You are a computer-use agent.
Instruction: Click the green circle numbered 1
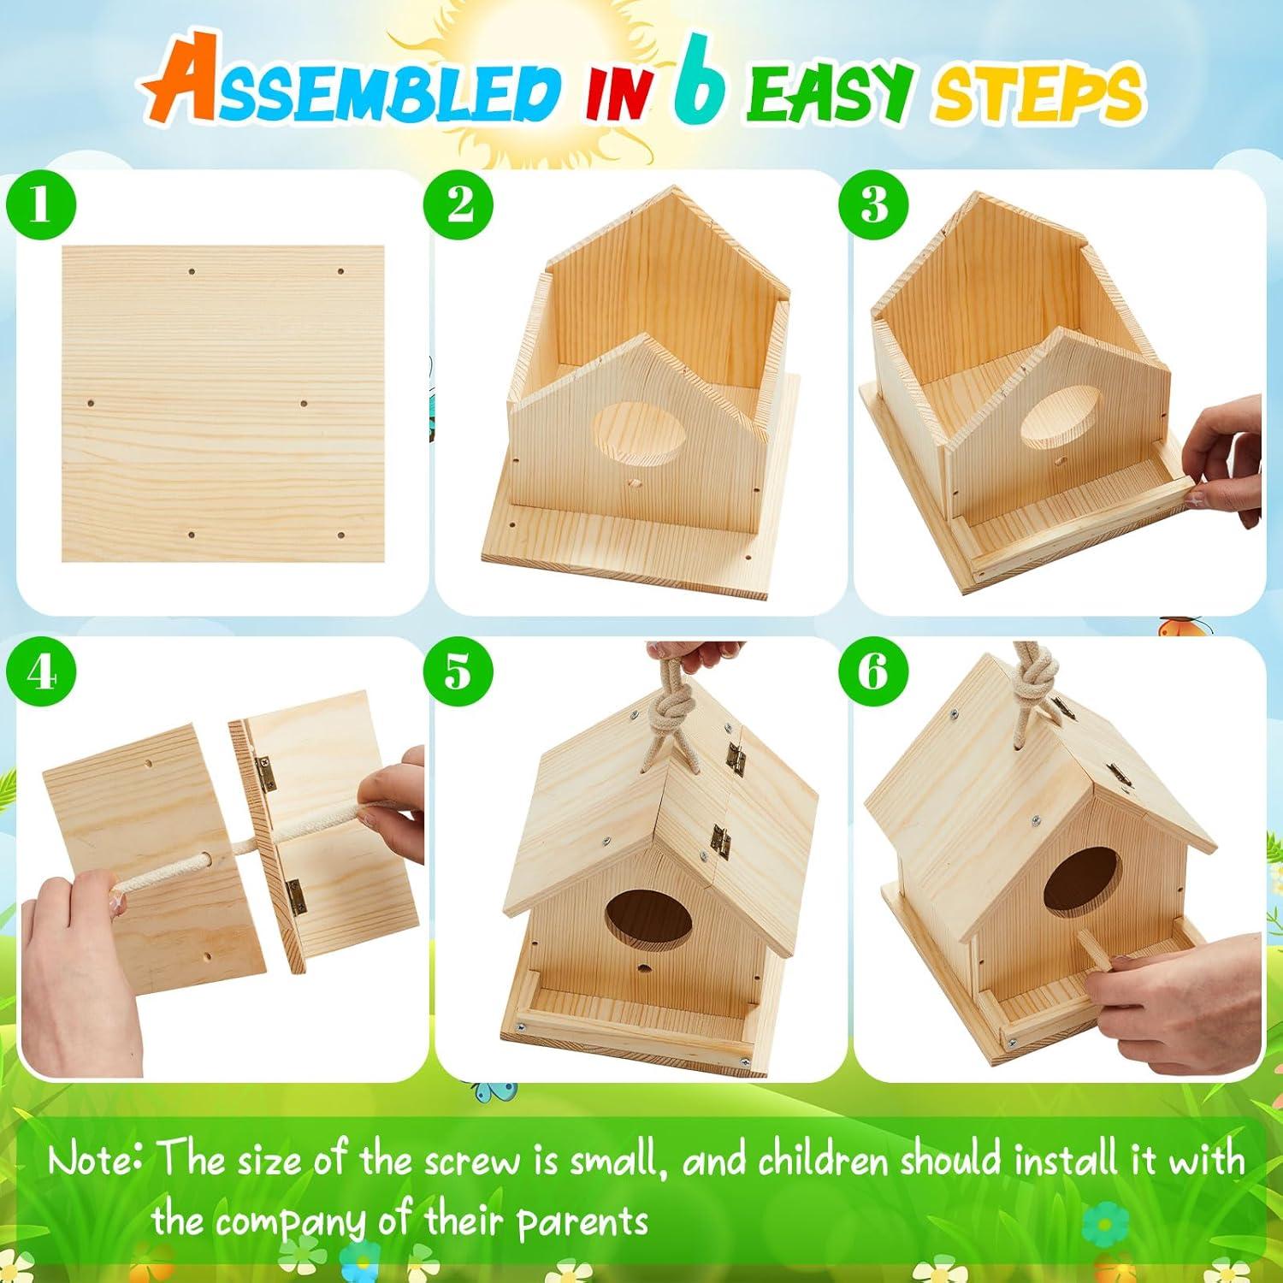click(x=40, y=207)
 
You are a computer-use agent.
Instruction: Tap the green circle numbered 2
click(x=460, y=207)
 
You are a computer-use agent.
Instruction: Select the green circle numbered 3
click(x=874, y=207)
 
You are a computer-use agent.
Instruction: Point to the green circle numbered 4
click(x=40, y=672)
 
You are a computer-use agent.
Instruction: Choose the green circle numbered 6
click(x=874, y=672)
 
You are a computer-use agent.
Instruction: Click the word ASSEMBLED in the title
click(x=351, y=94)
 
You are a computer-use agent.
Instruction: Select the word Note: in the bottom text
click(x=95, y=1161)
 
